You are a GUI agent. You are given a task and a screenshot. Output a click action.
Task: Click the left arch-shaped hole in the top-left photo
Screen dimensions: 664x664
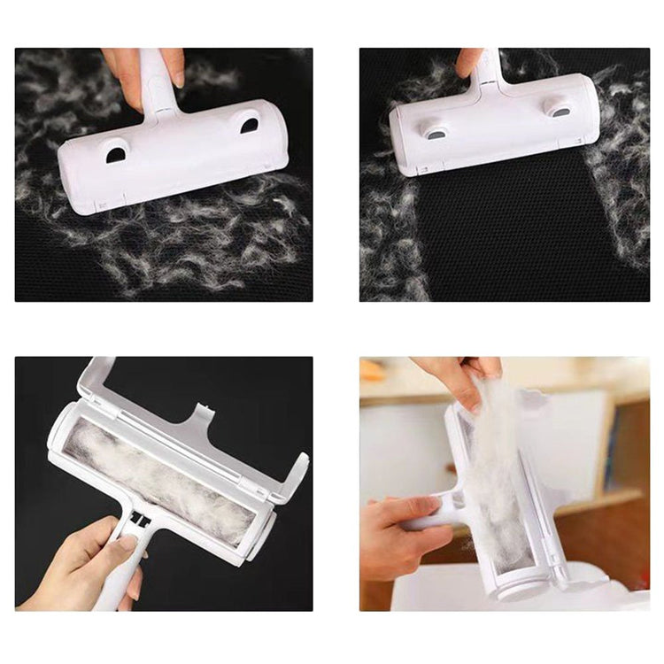click(x=116, y=155)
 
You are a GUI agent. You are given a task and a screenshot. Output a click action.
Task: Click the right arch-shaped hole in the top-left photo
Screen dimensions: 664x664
click(x=250, y=126)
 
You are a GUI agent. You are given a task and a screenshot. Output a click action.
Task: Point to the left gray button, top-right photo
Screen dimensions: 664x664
click(x=435, y=132)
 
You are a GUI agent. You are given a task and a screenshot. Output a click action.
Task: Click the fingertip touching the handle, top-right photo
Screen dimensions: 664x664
click(x=467, y=63)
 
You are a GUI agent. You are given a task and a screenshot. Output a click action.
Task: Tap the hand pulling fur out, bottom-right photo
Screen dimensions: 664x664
click(x=456, y=376)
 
